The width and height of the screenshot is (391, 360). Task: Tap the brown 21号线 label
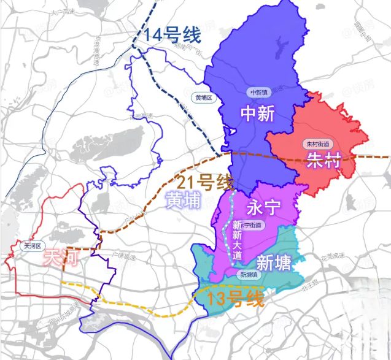pyautogui.click(x=205, y=182)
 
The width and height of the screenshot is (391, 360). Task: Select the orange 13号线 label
pyautogui.click(x=236, y=300)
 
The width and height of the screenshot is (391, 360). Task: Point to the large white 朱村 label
pyautogui.click(x=323, y=163)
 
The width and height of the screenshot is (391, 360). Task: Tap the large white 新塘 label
pyautogui.click(x=273, y=263)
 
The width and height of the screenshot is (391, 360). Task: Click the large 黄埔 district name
pyautogui.click(x=183, y=199)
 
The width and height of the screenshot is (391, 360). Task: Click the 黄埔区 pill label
pyautogui.click(x=203, y=98)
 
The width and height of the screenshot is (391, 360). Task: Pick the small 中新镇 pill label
pyautogui.click(x=258, y=93)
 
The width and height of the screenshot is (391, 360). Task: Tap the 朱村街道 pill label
pyautogui.click(x=317, y=144)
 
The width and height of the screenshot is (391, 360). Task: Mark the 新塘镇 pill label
pyautogui.click(x=250, y=275)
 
